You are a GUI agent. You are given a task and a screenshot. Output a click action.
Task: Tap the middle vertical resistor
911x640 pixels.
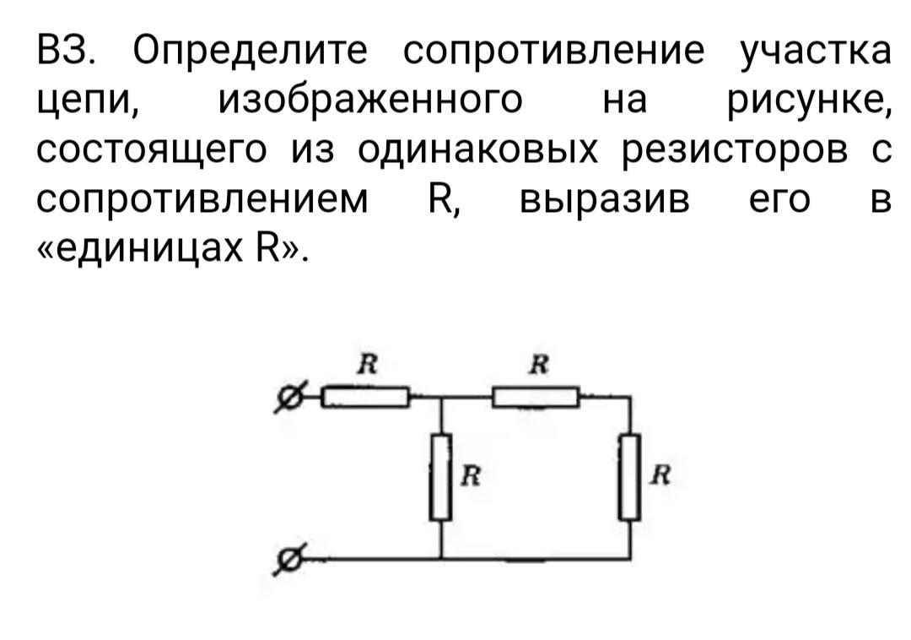[441, 476]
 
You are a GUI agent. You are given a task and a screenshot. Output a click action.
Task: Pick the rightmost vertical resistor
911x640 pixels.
[629, 476]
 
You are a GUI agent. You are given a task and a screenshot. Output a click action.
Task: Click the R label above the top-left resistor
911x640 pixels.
[366, 365]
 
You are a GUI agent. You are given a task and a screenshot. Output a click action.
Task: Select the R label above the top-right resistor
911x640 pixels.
[538, 365]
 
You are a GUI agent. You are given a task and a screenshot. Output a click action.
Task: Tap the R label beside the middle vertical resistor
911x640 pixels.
[471, 477]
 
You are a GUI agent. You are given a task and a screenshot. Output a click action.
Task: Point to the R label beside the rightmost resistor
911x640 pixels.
[660, 477]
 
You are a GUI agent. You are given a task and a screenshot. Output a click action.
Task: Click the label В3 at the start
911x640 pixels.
[67, 52]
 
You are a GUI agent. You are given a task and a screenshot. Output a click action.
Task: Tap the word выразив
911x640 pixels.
[604, 200]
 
